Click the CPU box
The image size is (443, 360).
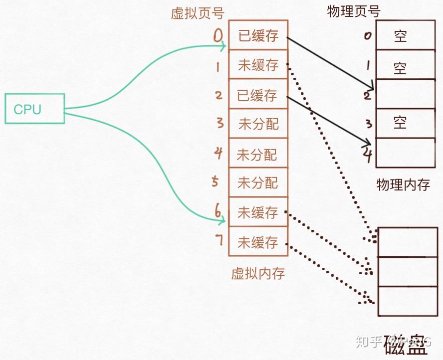34,109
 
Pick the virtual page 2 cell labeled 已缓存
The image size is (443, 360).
258,94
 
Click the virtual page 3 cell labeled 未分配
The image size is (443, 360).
258,124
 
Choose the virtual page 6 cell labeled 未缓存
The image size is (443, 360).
258,212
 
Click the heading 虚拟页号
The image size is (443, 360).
198,13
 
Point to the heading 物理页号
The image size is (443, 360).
353,11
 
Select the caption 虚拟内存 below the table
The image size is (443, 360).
258,273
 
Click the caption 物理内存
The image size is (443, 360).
403,185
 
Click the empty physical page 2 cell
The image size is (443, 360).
405,94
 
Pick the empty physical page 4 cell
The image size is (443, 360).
405,153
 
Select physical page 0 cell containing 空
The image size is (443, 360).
405,35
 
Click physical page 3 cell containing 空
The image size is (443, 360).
405,123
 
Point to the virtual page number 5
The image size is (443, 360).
215,181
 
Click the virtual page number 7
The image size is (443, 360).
218,240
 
